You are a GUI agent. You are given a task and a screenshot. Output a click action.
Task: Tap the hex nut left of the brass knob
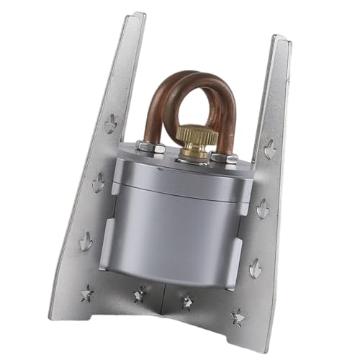pyautogui.click(x=150, y=147)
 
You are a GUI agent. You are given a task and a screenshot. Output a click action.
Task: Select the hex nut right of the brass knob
pyautogui.click(x=229, y=157)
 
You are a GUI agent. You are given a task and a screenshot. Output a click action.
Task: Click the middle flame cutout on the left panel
pyautogui.click(x=98, y=182)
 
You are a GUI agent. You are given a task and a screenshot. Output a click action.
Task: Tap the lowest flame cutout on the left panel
pyautogui.click(x=86, y=241)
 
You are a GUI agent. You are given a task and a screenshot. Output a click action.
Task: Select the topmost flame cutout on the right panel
pyautogui.click(x=270, y=150)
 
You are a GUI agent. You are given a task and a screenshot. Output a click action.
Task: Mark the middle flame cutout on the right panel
pyautogui.click(x=264, y=209)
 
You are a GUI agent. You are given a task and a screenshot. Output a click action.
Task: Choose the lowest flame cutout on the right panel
pyautogui.click(x=256, y=269)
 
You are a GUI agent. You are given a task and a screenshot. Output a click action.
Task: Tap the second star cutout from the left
pyautogui.click(x=138, y=295)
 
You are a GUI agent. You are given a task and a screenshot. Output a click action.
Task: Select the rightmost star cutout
pyautogui.click(x=238, y=318)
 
